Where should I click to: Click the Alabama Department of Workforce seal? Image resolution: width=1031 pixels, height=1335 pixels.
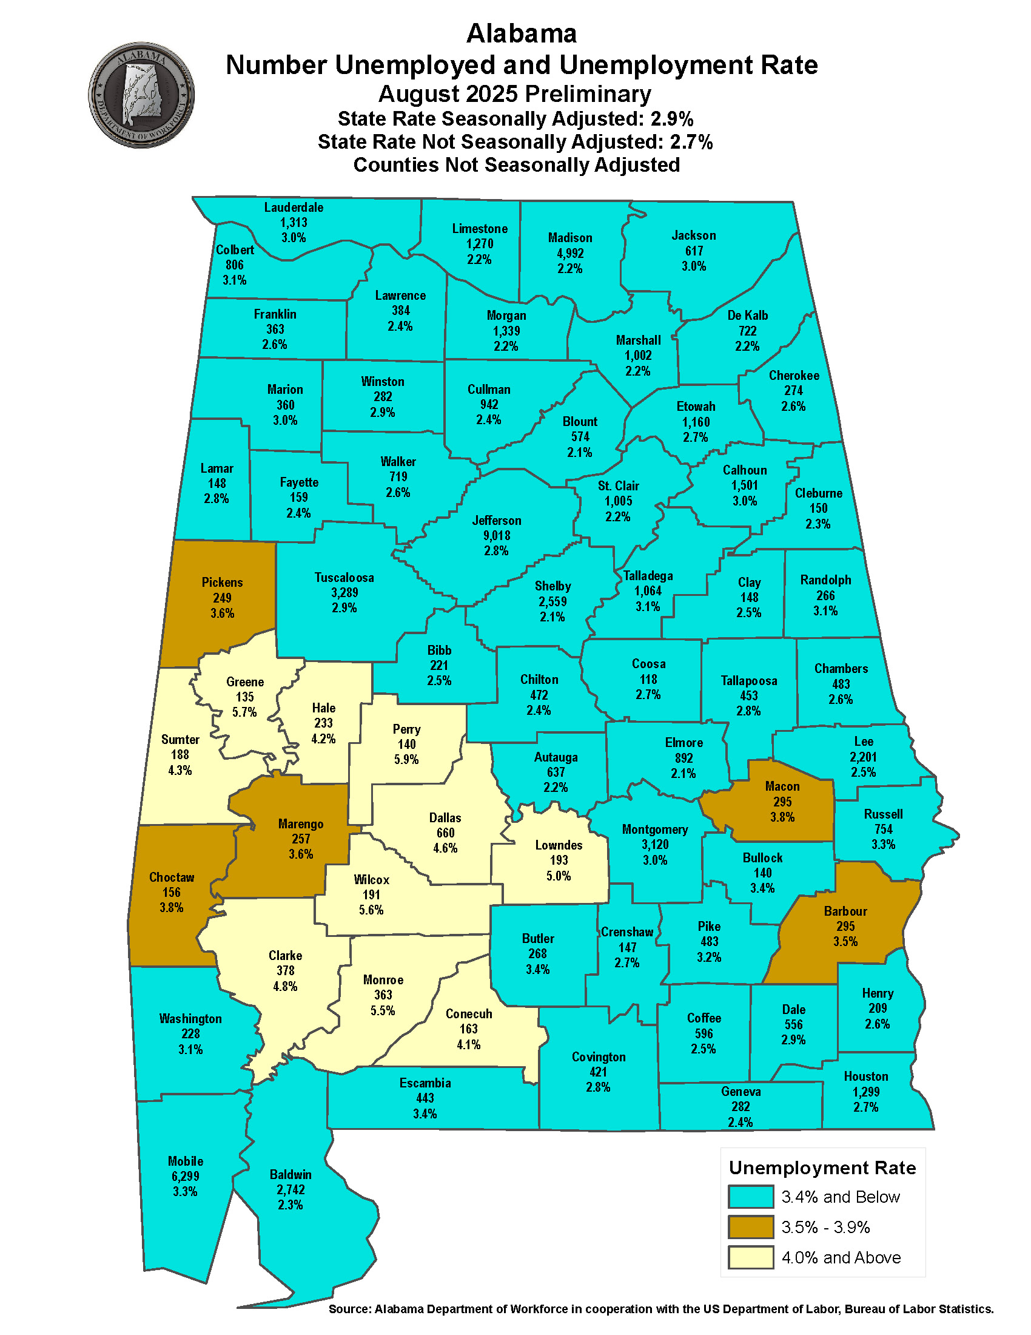click(142, 95)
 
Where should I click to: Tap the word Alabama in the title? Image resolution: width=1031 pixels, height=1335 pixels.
click(521, 33)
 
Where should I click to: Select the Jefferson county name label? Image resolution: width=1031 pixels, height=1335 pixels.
click(497, 520)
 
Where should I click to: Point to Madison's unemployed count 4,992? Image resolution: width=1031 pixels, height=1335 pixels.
click(570, 253)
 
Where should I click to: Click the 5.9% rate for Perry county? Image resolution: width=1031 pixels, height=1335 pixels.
click(406, 759)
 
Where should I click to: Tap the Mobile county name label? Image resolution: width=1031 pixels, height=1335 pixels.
click(186, 1161)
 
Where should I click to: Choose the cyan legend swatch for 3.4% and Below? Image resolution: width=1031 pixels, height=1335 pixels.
click(751, 1196)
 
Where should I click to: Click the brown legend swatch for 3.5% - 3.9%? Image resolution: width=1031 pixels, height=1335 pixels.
click(751, 1227)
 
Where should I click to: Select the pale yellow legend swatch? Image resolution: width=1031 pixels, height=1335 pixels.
click(751, 1257)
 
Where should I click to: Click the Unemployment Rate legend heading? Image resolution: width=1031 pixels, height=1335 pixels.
click(822, 1168)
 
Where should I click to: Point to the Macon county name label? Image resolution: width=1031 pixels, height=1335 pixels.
click(782, 786)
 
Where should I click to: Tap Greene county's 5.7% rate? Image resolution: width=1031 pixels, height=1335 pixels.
click(244, 712)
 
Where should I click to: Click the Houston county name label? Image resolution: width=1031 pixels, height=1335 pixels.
click(865, 1076)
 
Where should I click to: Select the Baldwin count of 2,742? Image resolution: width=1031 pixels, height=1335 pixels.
click(290, 1189)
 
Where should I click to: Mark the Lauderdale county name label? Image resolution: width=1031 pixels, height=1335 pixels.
click(294, 207)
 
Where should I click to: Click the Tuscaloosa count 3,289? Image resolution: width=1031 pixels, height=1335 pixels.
click(344, 592)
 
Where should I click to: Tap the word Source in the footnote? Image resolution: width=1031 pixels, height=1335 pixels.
click(349, 1309)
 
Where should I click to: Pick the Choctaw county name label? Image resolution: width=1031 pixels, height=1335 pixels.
click(172, 877)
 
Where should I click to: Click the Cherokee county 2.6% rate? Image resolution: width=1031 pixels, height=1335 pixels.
click(793, 406)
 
